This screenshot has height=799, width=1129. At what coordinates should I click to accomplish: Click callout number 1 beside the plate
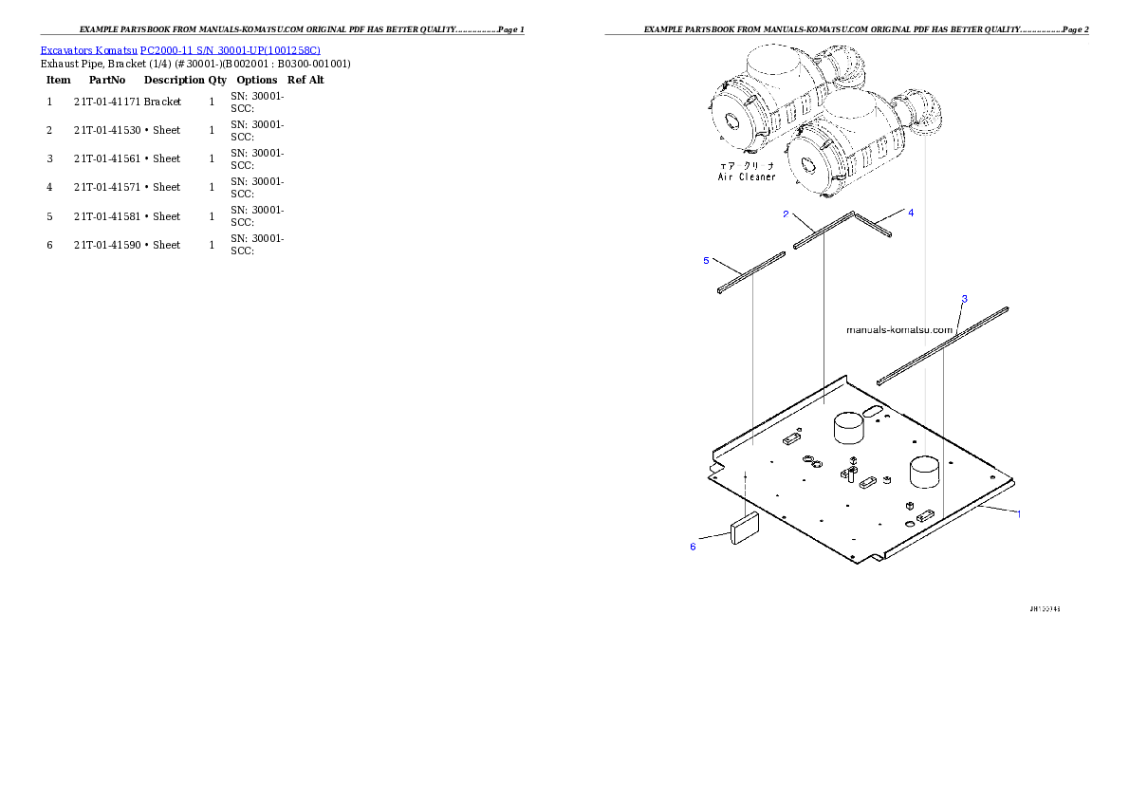[1019, 514]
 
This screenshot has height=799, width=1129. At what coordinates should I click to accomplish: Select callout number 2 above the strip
[786, 214]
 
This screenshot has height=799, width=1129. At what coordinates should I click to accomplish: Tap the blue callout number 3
[964, 299]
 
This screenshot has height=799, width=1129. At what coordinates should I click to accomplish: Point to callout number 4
[911, 213]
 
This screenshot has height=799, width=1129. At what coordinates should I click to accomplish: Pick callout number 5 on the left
[706, 260]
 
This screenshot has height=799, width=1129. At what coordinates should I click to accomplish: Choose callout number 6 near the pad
[693, 546]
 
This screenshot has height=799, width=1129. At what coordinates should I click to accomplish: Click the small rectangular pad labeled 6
[745, 528]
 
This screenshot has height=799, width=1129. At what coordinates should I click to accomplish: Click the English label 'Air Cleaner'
[746, 177]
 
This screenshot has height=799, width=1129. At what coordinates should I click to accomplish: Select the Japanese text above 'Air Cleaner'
[748, 165]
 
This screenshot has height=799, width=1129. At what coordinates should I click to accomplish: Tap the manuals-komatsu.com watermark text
[898, 330]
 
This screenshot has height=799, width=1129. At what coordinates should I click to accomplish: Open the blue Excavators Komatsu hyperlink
[180, 49]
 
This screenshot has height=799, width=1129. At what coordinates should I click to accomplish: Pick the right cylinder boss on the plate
[924, 472]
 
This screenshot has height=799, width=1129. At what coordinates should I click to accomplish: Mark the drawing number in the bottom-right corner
[1045, 608]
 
